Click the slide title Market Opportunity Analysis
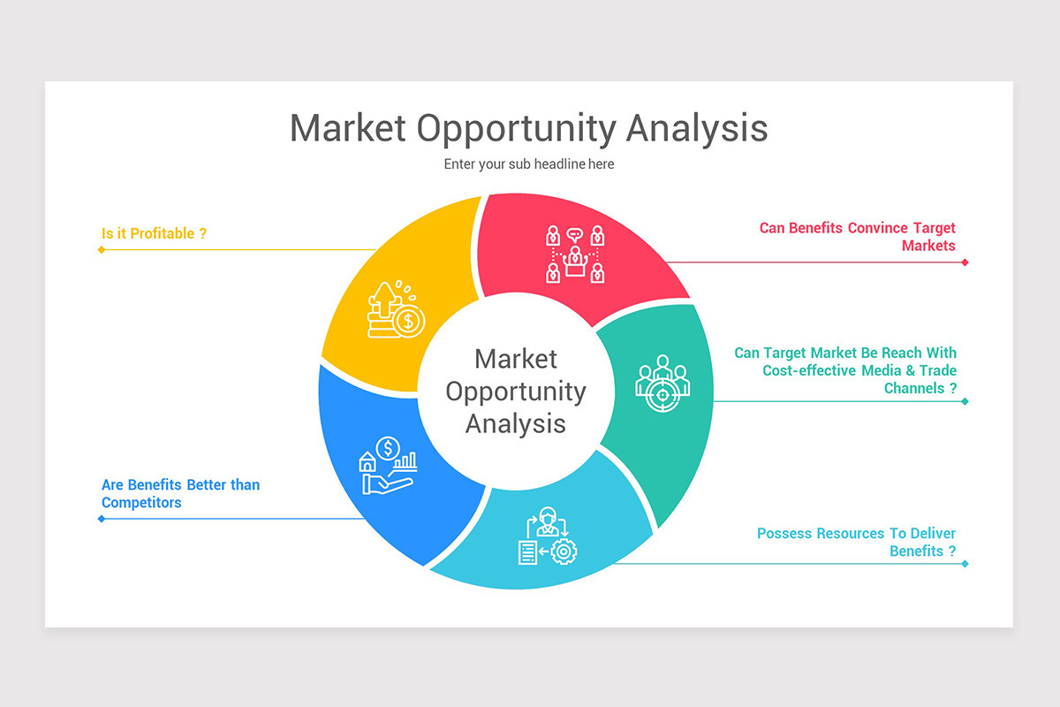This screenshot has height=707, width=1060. tap(528, 128)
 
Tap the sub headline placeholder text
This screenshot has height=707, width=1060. tap(528, 164)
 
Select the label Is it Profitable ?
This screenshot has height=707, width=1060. tap(154, 233)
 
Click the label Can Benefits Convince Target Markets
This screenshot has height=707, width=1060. tap(857, 237)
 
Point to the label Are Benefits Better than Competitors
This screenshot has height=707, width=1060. tap(180, 493)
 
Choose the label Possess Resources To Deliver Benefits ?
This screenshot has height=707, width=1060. tap(856, 542)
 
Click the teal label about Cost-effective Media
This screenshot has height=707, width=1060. tap(845, 370)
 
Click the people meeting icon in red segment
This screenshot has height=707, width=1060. tap(575, 255)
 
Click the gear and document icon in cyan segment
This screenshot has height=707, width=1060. tap(547, 536)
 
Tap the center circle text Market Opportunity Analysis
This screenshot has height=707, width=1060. tap(516, 391)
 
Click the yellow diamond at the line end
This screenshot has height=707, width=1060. tap(102, 249)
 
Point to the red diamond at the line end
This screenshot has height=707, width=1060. tap(965, 262)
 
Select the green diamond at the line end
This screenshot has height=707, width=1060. tap(965, 401)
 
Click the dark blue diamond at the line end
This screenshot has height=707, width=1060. tap(102, 519)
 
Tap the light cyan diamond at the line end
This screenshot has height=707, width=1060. tap(965, 564)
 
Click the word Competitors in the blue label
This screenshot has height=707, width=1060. tap(141, 502)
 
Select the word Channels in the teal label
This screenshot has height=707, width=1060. tap(914, 388)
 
